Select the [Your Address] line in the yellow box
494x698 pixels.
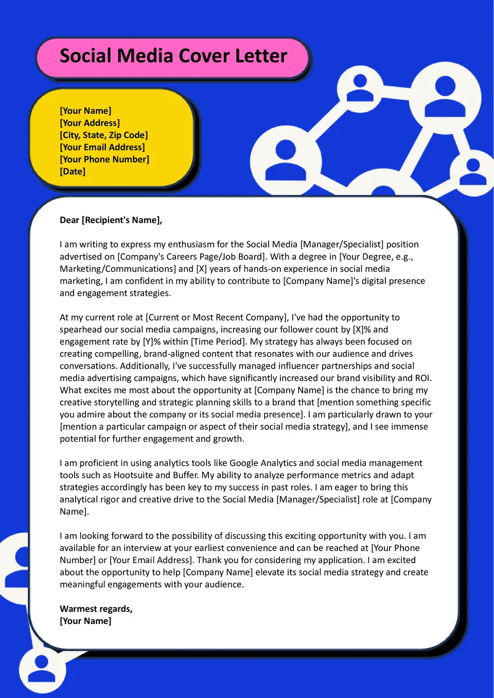coord(90,123)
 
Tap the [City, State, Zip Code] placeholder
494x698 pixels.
coord(103,135)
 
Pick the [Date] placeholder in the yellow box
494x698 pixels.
coord(73,171)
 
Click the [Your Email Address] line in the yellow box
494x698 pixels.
coord(102,147)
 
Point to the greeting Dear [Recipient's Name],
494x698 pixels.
coord(111,220)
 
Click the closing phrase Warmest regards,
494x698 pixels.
coord(96,608)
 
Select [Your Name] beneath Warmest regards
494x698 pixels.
coord(85,621)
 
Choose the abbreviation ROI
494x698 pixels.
coord(422,378)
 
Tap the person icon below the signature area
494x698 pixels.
coord(42,669)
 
